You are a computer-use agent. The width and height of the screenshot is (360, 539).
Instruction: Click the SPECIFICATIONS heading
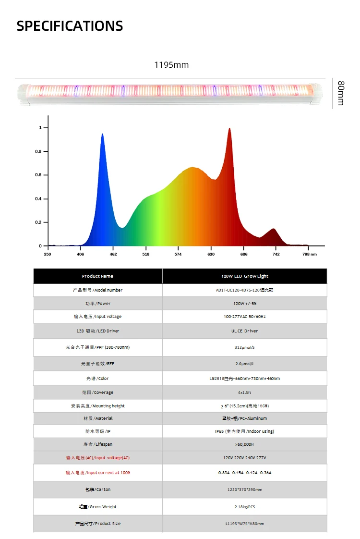point(70,26)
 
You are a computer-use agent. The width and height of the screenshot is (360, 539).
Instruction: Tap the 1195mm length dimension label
point(171,65)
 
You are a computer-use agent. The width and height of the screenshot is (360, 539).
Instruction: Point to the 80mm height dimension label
point(341,93)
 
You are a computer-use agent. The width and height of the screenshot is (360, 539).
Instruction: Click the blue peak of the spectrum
point(102,135)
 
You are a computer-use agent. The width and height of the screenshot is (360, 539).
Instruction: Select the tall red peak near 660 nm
point(229,130)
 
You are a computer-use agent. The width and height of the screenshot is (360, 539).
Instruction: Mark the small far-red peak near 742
point(274,230)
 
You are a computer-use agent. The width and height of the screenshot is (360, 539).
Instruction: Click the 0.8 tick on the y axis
point(40,151)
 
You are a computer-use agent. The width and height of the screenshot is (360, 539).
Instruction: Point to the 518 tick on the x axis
point(146,254)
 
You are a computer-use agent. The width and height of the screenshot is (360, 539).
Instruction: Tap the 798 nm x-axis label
point(310,254)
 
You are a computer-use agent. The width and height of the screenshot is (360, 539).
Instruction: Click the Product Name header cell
point(97,276)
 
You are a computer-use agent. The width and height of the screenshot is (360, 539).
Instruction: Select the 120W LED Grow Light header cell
point(244,276)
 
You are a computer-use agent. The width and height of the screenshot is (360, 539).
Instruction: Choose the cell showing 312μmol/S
point(244,347)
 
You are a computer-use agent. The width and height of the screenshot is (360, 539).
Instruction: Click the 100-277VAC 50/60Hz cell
point(244,317)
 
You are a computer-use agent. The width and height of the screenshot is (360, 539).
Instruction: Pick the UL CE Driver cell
point(244,331)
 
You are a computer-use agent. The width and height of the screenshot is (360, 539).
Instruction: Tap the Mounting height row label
point(97,406)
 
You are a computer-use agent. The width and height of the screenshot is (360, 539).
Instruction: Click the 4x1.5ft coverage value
point(244,392)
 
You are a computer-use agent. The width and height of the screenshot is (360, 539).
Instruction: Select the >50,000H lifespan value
point(244,444)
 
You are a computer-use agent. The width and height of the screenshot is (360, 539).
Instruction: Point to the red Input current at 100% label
point(97,473)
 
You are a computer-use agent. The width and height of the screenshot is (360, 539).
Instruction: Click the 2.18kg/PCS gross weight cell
point(244,507)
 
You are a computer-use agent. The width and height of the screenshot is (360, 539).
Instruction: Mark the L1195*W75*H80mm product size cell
point(244,524)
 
